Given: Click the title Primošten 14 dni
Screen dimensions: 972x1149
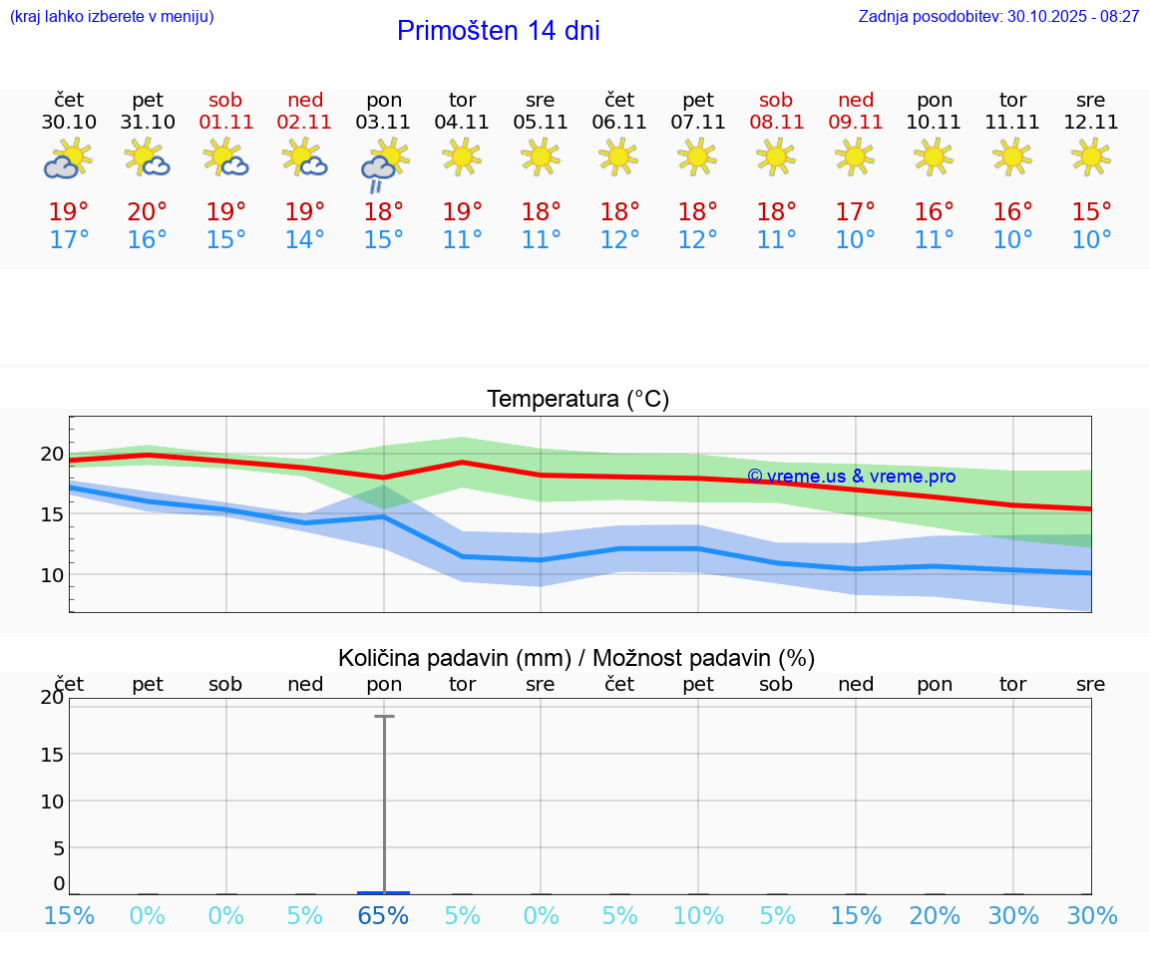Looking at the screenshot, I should (498, 31).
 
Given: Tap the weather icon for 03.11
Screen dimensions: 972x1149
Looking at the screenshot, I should (383, 163).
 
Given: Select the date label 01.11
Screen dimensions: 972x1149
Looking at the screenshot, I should (226, 123).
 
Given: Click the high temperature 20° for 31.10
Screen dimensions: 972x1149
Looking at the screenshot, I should (148, 212).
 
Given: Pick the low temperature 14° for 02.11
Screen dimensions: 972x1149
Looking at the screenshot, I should (305, 240).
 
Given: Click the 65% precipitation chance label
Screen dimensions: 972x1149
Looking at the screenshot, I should (384, 916).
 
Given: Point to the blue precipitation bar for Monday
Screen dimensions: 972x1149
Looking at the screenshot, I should (384, 892).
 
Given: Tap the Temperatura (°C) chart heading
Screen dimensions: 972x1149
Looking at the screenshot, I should (577, 400).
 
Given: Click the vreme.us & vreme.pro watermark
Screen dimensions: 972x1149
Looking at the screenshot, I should (851, 477).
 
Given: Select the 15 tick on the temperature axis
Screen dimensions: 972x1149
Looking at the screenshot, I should (52, 514).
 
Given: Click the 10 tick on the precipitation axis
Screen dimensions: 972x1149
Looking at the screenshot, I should (52, 802).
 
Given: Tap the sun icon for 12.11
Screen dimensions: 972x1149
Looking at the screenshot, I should (1091, 156).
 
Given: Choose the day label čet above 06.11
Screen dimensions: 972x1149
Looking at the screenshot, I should (619, 100).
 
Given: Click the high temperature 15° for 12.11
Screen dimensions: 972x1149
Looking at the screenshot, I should (1091, 212).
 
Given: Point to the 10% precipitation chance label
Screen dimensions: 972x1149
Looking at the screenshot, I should (698, 916).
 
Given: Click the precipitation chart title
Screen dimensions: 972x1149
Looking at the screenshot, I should (576, 658).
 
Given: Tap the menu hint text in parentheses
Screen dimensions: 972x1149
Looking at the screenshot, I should (112, 17).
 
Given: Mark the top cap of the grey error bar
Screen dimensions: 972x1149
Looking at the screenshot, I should (384, 716).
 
